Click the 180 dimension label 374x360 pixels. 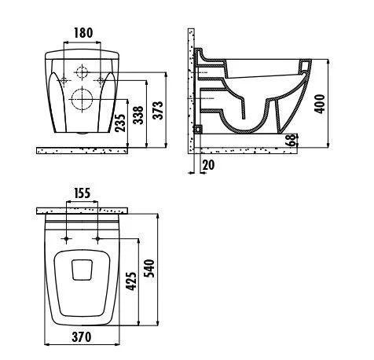(x=84, y=33)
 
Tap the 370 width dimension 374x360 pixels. (x=82, y=338)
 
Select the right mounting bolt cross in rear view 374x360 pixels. (x=102, y=81)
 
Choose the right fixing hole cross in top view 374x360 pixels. (x=97, y=237)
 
